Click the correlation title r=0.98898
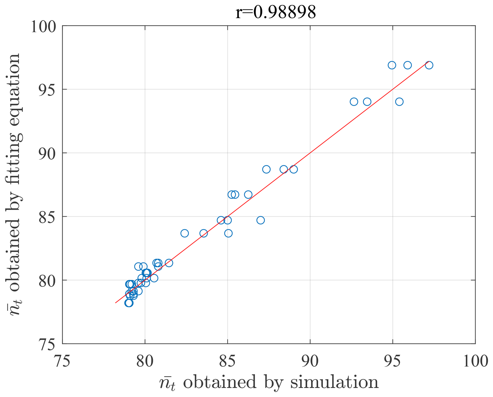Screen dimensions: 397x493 [275, 12]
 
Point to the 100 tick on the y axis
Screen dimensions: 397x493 [43, 27]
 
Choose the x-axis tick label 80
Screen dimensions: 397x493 [145, 361]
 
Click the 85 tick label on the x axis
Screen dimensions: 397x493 [227, 361]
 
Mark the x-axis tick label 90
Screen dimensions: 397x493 [310, 361]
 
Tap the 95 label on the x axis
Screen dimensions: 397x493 [393, 361]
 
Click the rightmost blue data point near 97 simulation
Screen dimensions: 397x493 [429, 65]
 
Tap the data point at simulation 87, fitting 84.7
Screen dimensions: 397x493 [260, 220]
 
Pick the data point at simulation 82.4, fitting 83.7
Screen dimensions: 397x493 [184, 233]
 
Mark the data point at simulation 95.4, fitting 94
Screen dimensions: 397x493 [399, 102]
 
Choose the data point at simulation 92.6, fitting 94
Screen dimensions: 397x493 [354, 102]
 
